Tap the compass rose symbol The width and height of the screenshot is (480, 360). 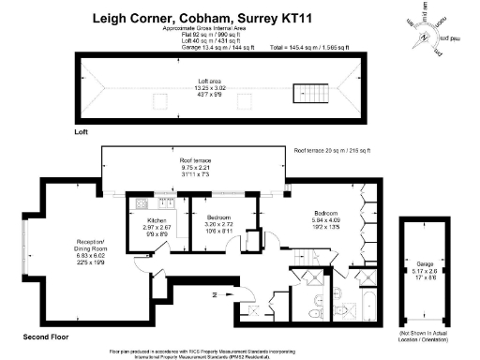(x=425, y=36)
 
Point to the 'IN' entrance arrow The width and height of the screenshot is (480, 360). (x=216, y=294)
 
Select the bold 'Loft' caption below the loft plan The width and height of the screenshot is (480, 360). (x=81, y=133)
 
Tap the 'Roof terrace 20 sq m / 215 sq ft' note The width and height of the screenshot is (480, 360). (x=333, y=150)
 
